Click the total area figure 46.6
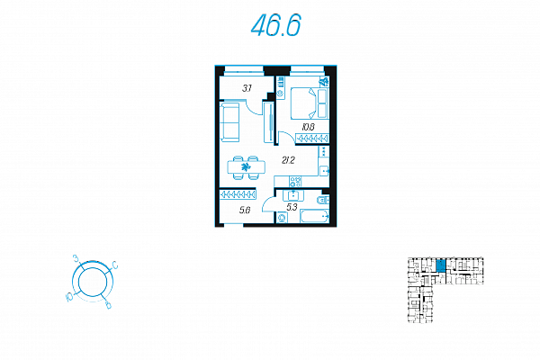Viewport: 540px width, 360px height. coord(275,27)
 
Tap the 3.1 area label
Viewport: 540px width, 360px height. coord(247,87)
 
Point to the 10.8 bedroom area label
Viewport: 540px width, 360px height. coord(308,127)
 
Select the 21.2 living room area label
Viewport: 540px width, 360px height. coord(288,160)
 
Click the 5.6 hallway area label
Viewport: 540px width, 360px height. coord(245,210)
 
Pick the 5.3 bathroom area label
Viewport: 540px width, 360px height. coord(292,207)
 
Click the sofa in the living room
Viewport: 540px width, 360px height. coord(228,121)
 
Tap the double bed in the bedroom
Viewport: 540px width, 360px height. coord(310,101)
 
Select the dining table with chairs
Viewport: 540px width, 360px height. coord(245,166)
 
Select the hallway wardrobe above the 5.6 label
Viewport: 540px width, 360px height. coord(238,193)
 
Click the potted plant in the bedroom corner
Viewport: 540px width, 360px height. coord(324,83)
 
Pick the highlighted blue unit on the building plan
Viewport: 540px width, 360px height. coord(441,265)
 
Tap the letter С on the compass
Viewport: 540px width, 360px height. coord(115,265)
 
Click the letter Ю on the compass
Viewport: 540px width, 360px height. coord(68,295)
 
